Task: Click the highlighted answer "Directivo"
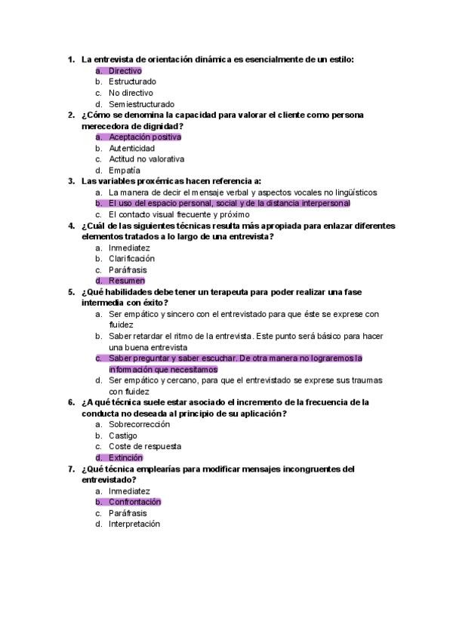(125, 70)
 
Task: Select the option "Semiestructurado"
(141, 104)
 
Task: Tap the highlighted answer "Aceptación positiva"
(145, 137)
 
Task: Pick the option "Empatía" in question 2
(125, 171)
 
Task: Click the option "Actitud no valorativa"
(146, 159)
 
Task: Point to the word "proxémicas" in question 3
(158, 181)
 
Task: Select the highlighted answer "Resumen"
(127, 281)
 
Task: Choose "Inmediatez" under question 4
(129, 248)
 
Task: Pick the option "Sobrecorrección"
(139, 424)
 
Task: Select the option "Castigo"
(122, 435)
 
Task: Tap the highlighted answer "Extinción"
(125, 457)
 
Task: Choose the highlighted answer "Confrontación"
(134, 502)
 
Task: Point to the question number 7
(71, 469)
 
